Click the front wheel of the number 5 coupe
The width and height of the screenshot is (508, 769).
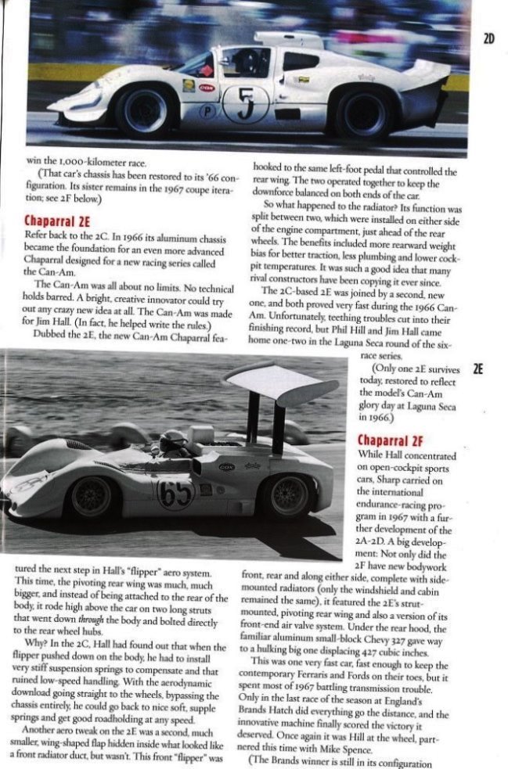(145, 111)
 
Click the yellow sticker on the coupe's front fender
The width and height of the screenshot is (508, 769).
(189, 85)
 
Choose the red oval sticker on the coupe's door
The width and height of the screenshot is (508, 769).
(207, 88)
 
